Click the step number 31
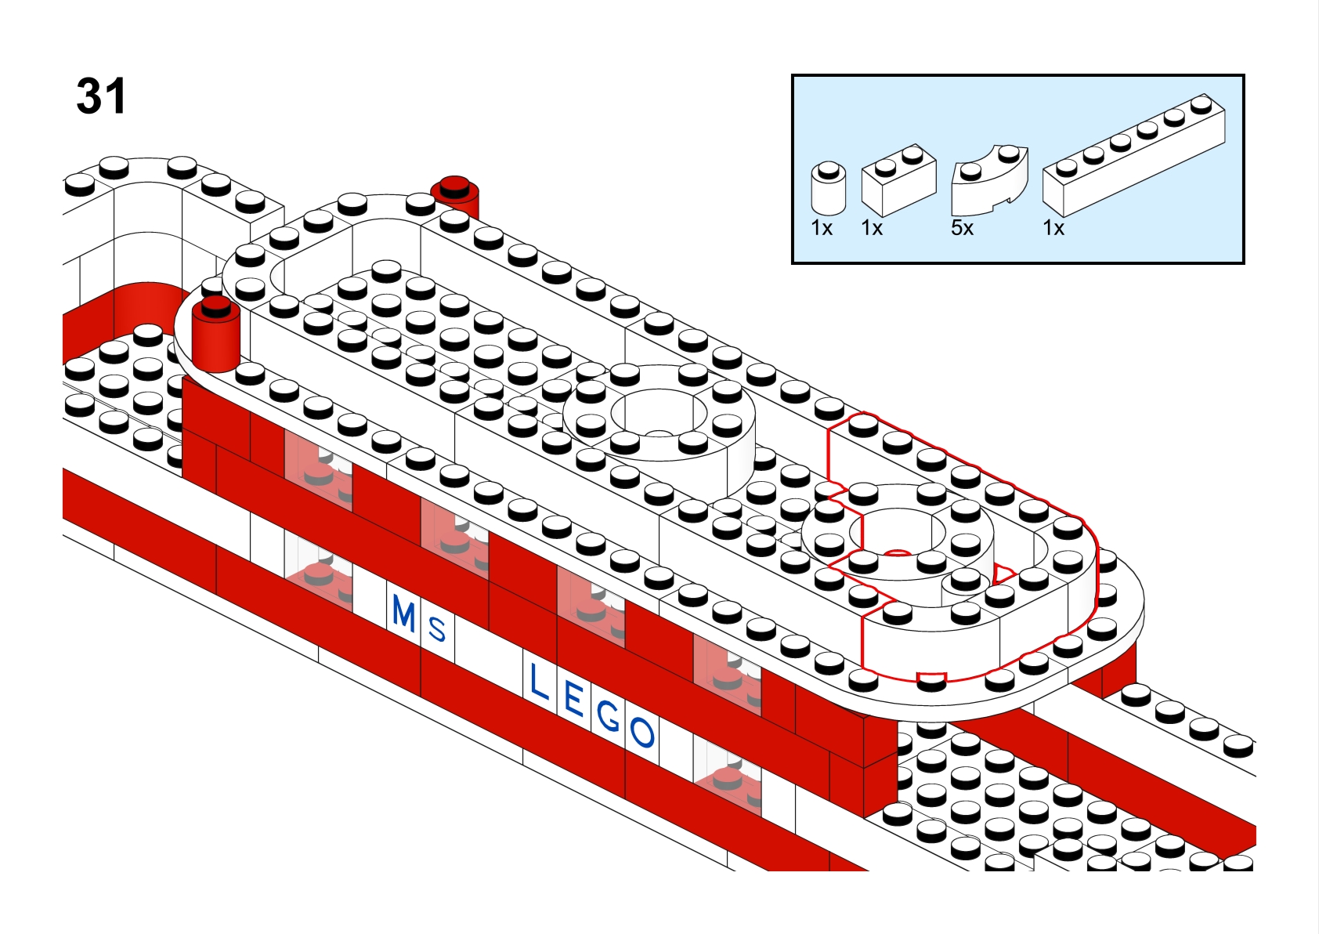101,96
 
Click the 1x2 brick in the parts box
898,179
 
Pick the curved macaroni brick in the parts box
990,179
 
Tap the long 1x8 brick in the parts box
1134,155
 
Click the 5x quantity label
962,228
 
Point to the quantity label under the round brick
822,228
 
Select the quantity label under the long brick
1053,228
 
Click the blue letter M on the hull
404,613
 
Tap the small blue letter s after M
437,629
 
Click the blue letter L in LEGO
539,682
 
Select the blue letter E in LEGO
573,699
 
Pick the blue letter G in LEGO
609,717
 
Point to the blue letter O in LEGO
641,733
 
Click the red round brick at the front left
216,334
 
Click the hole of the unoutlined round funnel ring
658,411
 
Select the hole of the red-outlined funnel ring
898,532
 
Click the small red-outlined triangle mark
1003,574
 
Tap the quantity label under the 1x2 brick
872,228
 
